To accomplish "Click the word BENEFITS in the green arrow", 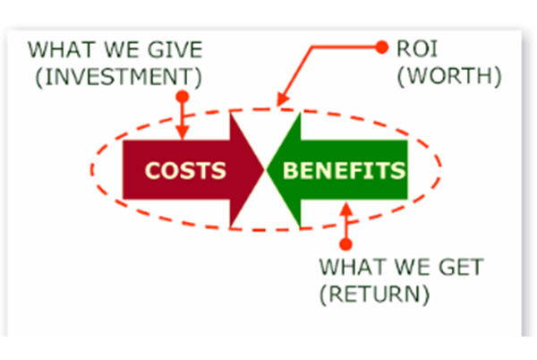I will (x=345, y=169).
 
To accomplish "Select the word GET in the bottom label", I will (x=462, y=267).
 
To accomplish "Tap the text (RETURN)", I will (x=375, y=291).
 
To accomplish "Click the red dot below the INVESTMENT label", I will (x=182, y=94).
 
